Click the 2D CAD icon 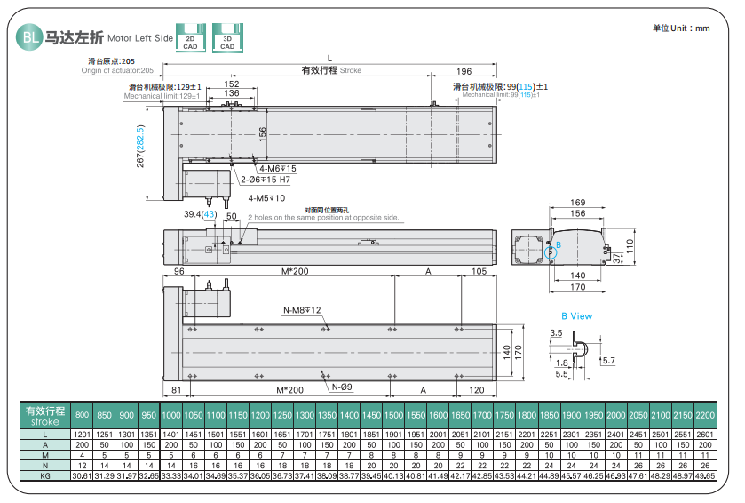click(x=190, y=37)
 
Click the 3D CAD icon click(x=227, y=37)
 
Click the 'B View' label click(x=576, y=316)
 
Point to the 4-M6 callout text click(x=277, y=169)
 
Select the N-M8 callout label click(x=302, y=310)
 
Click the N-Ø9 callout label click(x=342, y=387)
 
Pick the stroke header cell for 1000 click(x=170, y=416)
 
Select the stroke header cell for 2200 click(x=705, y=416)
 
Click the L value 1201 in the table click(x=82, y=434)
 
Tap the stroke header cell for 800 click(x=82, y=416)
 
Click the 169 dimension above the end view click(x=576, y=204)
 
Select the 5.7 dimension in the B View click(x=607, y=361)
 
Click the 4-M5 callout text click(x=266, y=198)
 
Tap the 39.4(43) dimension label click(x=200, y=215)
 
